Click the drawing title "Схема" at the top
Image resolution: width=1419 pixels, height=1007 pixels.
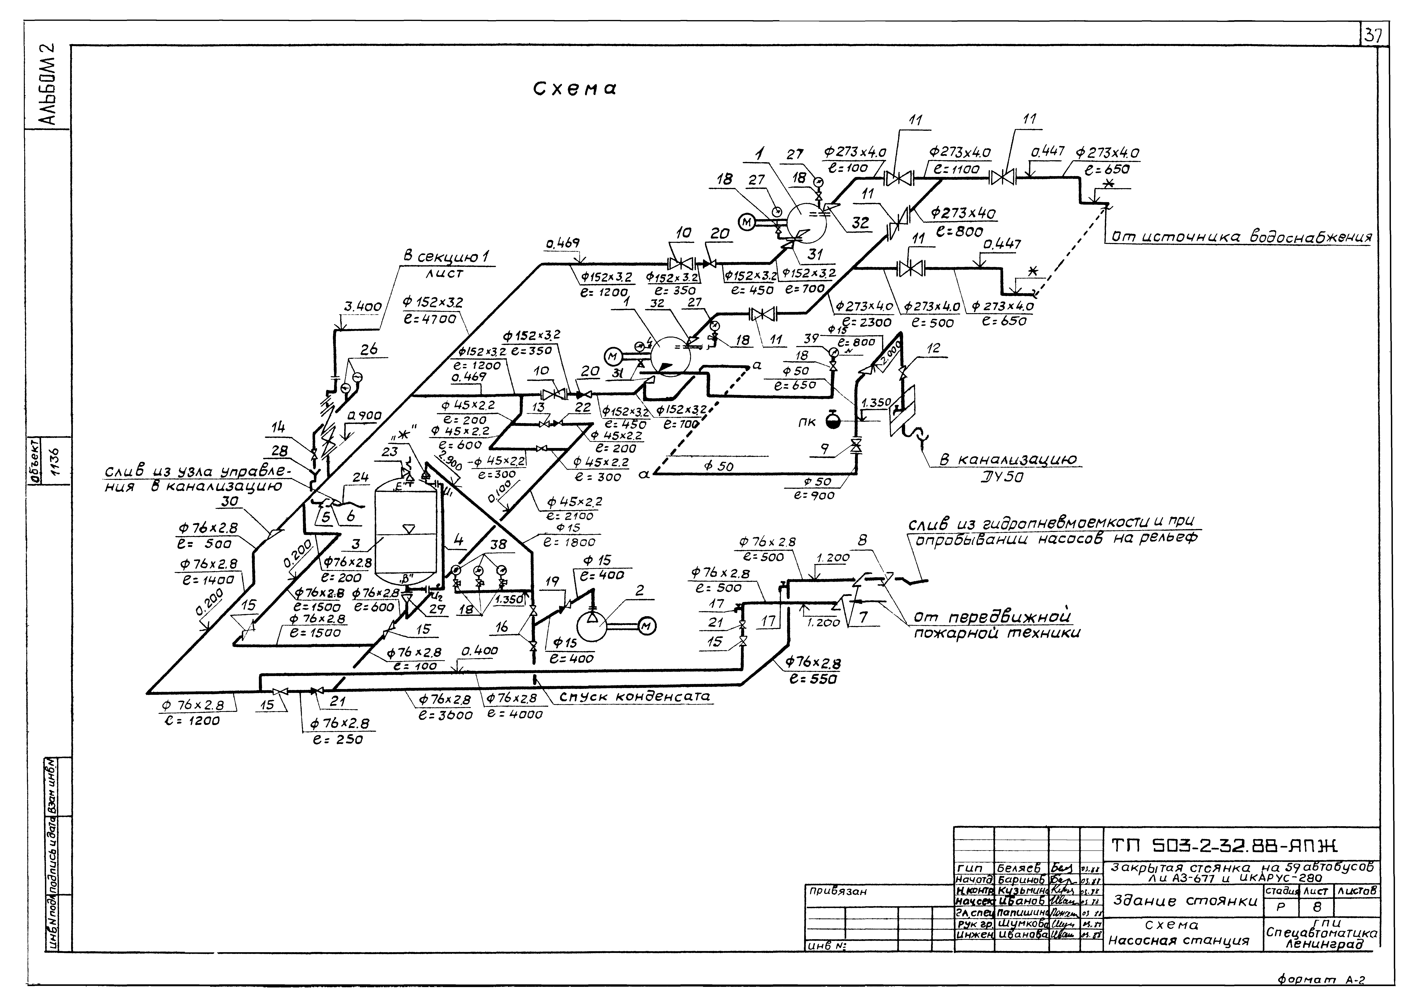(575, 89)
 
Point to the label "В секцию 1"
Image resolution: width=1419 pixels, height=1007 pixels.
(445, 257)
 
